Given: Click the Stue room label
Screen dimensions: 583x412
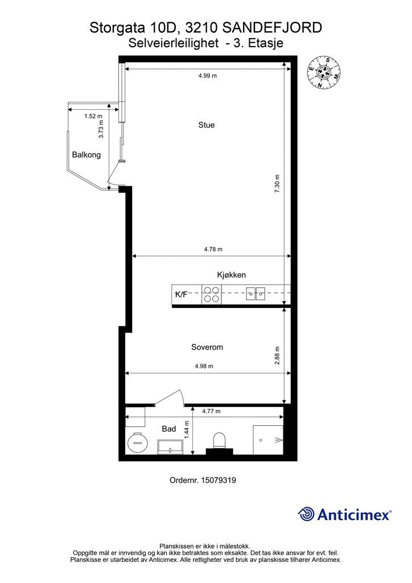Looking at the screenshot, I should coord(207,125).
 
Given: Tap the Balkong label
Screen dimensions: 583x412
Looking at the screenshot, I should coord(86,154).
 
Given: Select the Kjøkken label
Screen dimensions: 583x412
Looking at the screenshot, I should coord(231,275).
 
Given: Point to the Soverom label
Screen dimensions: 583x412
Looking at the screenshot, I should coord(207,347).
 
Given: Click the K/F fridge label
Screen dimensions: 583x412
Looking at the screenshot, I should coord(181,295).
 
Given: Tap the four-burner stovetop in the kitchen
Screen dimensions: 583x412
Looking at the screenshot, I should coord(212,294).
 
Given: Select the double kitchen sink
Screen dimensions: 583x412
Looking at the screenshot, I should coord(256,294).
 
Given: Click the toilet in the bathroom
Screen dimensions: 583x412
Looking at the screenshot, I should coord(219,441).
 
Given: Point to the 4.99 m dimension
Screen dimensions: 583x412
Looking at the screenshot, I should coord(207,76).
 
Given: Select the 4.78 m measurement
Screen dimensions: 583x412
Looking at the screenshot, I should coord(213,249).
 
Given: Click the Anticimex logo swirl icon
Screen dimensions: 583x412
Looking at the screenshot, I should coord(306,514).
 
